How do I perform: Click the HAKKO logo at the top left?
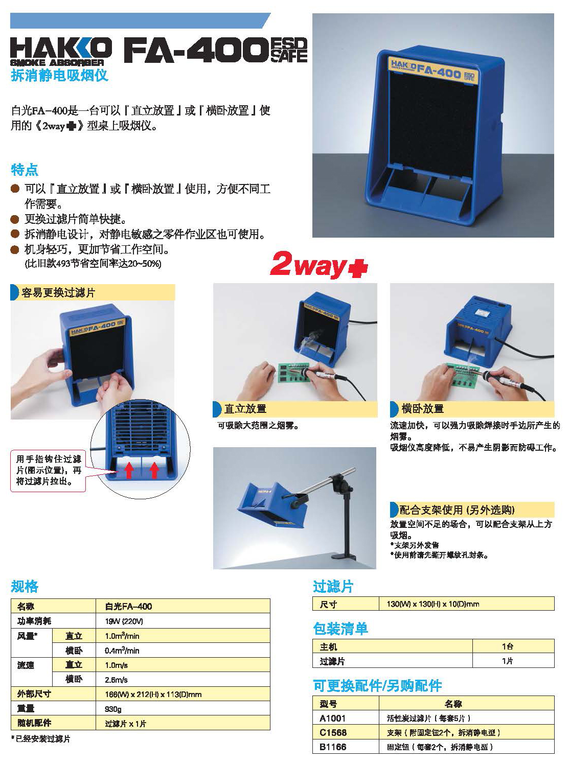tap(61, 51)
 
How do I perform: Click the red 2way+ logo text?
tap(319, 265)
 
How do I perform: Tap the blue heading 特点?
tap(24, 170)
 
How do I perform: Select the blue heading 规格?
tap(25, 586)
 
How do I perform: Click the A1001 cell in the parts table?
tap(332, 718)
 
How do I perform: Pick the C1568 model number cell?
tap(333, 733)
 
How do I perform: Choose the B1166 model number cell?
tap(333, 747)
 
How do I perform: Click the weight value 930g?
tap(113, 709)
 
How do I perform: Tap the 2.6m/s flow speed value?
tap(116, 680)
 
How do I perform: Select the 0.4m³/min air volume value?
tap(122, 651)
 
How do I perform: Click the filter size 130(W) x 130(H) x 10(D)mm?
tap(433, 604)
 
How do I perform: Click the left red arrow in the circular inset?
tap(128, 470)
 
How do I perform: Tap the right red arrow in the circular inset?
tap(154, 470)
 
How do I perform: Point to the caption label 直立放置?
tap(245, 409)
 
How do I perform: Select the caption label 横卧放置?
tap(422, 409)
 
